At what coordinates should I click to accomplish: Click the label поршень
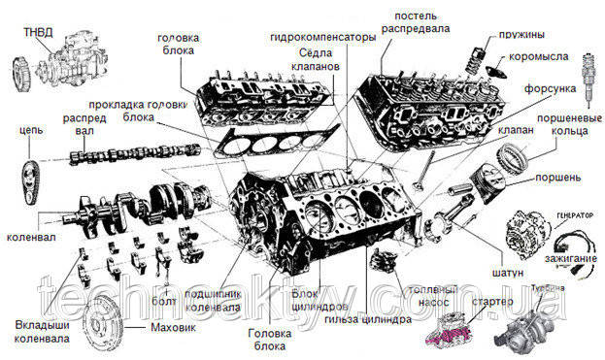[x=557, y=179]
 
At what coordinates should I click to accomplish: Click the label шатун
[x=510, y=275]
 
